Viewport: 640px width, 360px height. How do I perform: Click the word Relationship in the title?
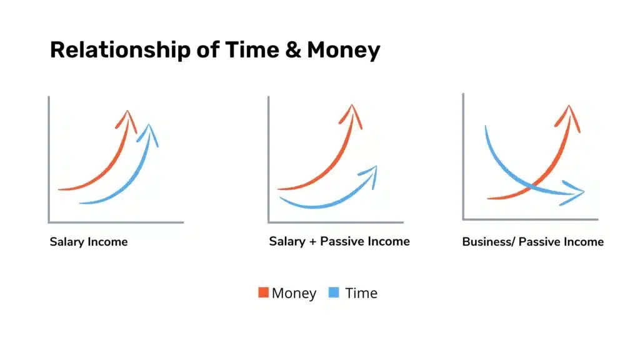tap(120, 51)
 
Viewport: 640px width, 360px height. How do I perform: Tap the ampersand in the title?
tap(292, 50)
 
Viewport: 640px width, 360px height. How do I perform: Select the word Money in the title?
tap(343, 51)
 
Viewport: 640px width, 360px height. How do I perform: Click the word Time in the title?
tap(252, 50)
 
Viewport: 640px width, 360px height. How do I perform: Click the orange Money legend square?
tap(263, 292)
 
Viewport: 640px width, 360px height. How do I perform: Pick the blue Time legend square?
tap(334, 292)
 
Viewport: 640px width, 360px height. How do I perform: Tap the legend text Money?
tap(294, 293)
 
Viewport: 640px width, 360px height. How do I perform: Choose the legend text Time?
tap(361, 293)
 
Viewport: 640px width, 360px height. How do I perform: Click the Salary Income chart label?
tap(89, 242)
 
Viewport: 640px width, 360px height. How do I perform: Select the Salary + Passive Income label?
tap(339, 241)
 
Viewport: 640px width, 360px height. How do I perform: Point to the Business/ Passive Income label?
tap(532, 242)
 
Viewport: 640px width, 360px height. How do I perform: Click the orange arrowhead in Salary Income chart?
tap(127, 120)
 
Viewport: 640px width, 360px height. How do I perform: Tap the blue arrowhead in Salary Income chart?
tap(149, 134)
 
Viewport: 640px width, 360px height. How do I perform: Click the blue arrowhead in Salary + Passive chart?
tap(369, 176)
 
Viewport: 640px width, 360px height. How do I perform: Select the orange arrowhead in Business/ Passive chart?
tap(568, 117)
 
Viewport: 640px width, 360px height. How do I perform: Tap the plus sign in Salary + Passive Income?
tap(312, 242)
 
